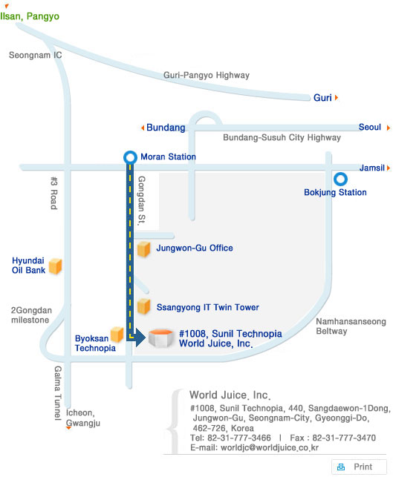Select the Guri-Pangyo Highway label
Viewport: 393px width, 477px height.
click(x=207, y=75)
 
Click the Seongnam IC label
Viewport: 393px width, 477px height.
click(x=36, y=55)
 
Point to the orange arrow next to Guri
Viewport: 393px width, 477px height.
click(x=337, y=98)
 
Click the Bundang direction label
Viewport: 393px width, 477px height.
click(x=166, y=128)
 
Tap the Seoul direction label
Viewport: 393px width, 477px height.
click(x=369, y=127)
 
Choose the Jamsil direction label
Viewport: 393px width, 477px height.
click(x=372, y=168)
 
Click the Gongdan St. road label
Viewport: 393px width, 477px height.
click(x=142, y=200)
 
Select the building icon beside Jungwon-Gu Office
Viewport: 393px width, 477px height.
click(x=143, y=249)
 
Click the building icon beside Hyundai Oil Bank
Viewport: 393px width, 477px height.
click(x=56, y=266)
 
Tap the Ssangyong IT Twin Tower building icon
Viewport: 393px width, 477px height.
click(x=143, y=306)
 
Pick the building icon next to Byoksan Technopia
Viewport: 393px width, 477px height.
click(x=117, y=335)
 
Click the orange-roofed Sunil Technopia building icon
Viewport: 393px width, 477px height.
click(x=161, y=338)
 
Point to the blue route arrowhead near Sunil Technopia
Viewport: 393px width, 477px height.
click(x=140, y=337)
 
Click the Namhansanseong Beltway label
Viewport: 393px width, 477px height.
click(x=351, y=326)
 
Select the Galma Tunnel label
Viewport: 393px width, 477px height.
click(x=58, y=393)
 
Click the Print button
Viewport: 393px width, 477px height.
click(x=359, y=467)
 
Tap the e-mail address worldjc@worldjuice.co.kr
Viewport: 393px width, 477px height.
click(x=270, y=447)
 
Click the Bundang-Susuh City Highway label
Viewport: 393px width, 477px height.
click(x=282, y=137)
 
